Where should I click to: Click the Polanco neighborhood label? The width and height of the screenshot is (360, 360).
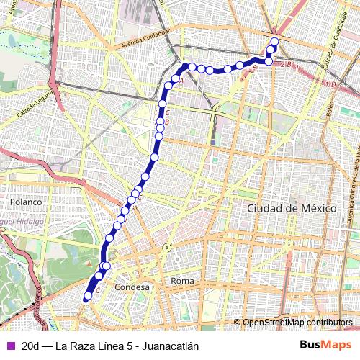(27, 202)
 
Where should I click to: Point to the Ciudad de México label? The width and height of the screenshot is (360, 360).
(292, 207)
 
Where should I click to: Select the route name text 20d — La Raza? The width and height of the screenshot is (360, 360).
(60, 346)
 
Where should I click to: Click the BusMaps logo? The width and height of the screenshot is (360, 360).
(326, 345)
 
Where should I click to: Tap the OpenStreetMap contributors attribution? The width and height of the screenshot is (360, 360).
(297, 323)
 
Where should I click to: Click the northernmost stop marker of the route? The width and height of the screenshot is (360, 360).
(274, 40)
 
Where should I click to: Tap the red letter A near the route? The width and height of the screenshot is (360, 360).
(181, 81)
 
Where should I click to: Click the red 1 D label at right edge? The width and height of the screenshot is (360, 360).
(330, 85)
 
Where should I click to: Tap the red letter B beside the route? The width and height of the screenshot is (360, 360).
(167, 122)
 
